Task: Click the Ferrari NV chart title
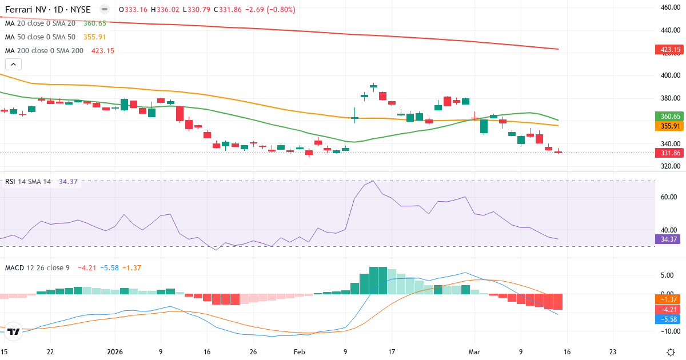point(47,10)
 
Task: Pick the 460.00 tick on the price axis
point(669,7)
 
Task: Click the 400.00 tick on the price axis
point(669,75)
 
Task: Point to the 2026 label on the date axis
point(115,351)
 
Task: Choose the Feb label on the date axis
point(298,351)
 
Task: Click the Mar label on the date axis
point(473,351)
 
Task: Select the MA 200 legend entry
point(45,50)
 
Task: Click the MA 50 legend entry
point(40,37)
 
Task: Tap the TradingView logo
point(14,331)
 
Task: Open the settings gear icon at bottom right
point(672,351)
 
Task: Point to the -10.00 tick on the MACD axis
point(669,331)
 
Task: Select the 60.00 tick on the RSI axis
point(669,197)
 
